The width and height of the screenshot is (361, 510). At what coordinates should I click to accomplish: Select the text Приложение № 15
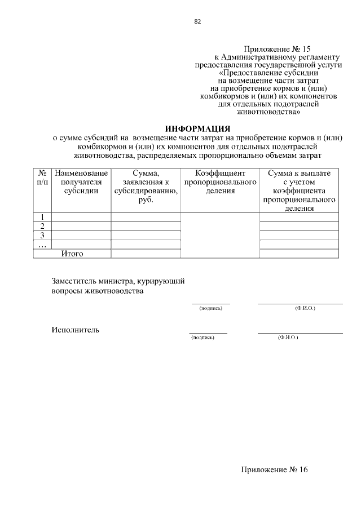click(277, 50)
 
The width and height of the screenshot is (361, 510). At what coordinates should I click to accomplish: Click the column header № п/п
click(42, 178)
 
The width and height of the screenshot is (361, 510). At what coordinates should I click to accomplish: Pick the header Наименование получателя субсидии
click(81, 182)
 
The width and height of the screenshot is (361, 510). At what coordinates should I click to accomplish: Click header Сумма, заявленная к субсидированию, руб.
click(146, 187)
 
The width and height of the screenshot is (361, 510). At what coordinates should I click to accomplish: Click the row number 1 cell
click(42, 217)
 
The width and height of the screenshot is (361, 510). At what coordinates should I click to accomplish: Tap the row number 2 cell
click(42, 226)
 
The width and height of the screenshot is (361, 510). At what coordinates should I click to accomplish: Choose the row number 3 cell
click(42, 235)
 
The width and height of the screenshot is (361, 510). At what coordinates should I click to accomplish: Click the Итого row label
click(72, 254)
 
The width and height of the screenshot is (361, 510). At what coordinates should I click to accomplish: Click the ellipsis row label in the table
click(42, 244)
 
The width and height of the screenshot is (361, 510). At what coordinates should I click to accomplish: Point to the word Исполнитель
click(76, 330)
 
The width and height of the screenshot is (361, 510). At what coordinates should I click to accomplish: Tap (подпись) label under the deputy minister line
click(211, 309)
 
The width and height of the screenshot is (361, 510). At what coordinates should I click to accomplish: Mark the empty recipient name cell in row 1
click(81, 217)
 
